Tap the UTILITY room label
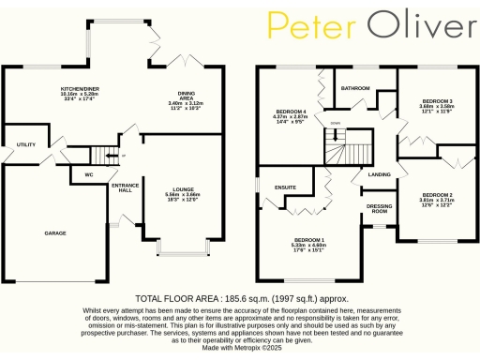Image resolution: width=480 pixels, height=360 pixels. (x=25, y=144)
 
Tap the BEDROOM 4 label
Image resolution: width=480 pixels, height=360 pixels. (x=289, y=112)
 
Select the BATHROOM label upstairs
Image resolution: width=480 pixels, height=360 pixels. (x=355, y=89)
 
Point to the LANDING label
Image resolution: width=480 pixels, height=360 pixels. (x=380, y=174)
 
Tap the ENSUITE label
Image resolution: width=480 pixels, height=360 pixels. (x=286, y=187)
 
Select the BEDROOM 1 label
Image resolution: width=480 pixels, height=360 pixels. (x=308, y=240)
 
